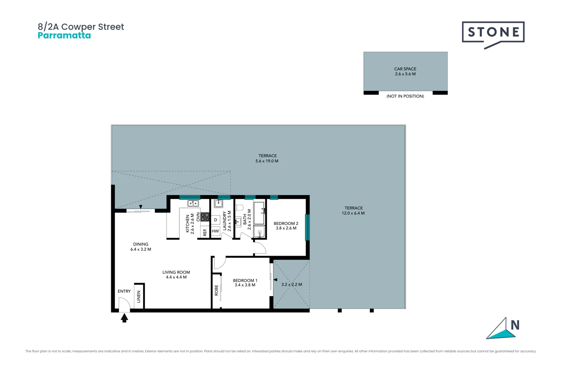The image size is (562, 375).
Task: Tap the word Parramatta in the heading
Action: pos(64,35)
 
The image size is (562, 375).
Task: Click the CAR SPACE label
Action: pos(405,69)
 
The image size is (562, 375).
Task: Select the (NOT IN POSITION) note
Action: pos(405,96)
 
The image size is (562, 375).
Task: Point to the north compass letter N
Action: pos(515,325)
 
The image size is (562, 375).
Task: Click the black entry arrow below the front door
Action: pos(124,318)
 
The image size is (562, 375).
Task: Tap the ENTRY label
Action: pos(124,291)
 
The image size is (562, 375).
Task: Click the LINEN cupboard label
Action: pos(139,297)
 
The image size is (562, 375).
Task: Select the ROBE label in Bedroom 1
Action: pos(216,290)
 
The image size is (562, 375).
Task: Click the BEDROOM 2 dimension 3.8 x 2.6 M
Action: pos(286,228)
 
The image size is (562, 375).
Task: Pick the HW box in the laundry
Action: pos(215,231)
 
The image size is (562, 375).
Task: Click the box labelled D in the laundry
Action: pos(215,220)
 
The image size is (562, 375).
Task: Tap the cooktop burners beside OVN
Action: pos(205,217)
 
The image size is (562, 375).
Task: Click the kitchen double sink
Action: pos(193,203)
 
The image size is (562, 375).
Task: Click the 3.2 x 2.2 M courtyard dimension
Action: pos(291,284)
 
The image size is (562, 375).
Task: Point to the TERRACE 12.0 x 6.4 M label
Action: pos(353,210)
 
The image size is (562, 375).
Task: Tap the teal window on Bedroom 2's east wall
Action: pos(307,227)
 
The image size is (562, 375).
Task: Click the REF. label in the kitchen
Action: pos(205,232)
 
